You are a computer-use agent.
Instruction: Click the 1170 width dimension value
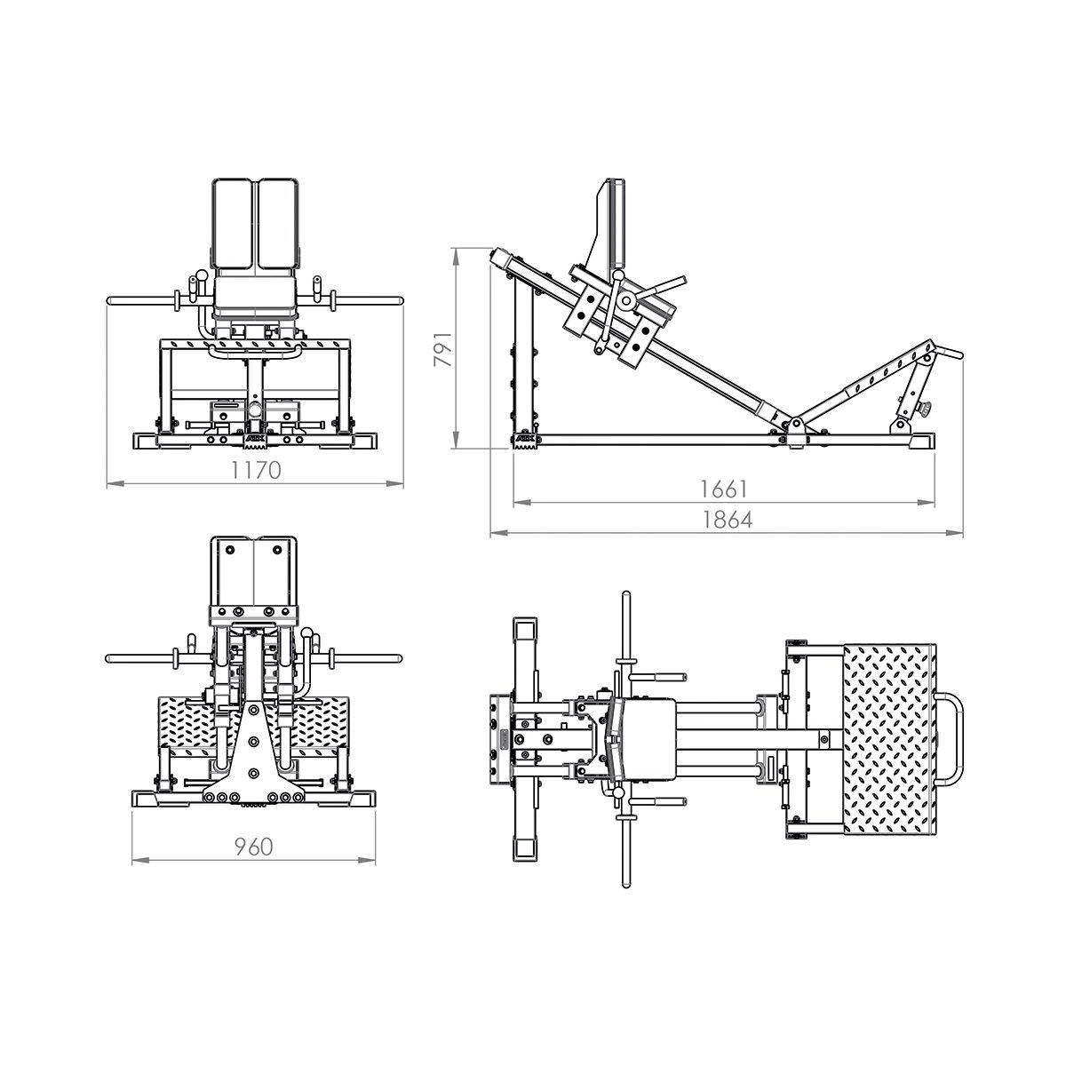coord(256,470)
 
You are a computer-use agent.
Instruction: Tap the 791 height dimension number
coord(443,349)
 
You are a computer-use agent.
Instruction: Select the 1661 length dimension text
coord(724,489)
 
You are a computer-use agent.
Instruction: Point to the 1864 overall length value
coord(727,520)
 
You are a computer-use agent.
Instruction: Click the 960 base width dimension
coord(254,847)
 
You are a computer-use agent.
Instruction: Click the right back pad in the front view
coord(278,222)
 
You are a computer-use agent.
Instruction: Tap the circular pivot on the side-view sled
coord(626,300)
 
